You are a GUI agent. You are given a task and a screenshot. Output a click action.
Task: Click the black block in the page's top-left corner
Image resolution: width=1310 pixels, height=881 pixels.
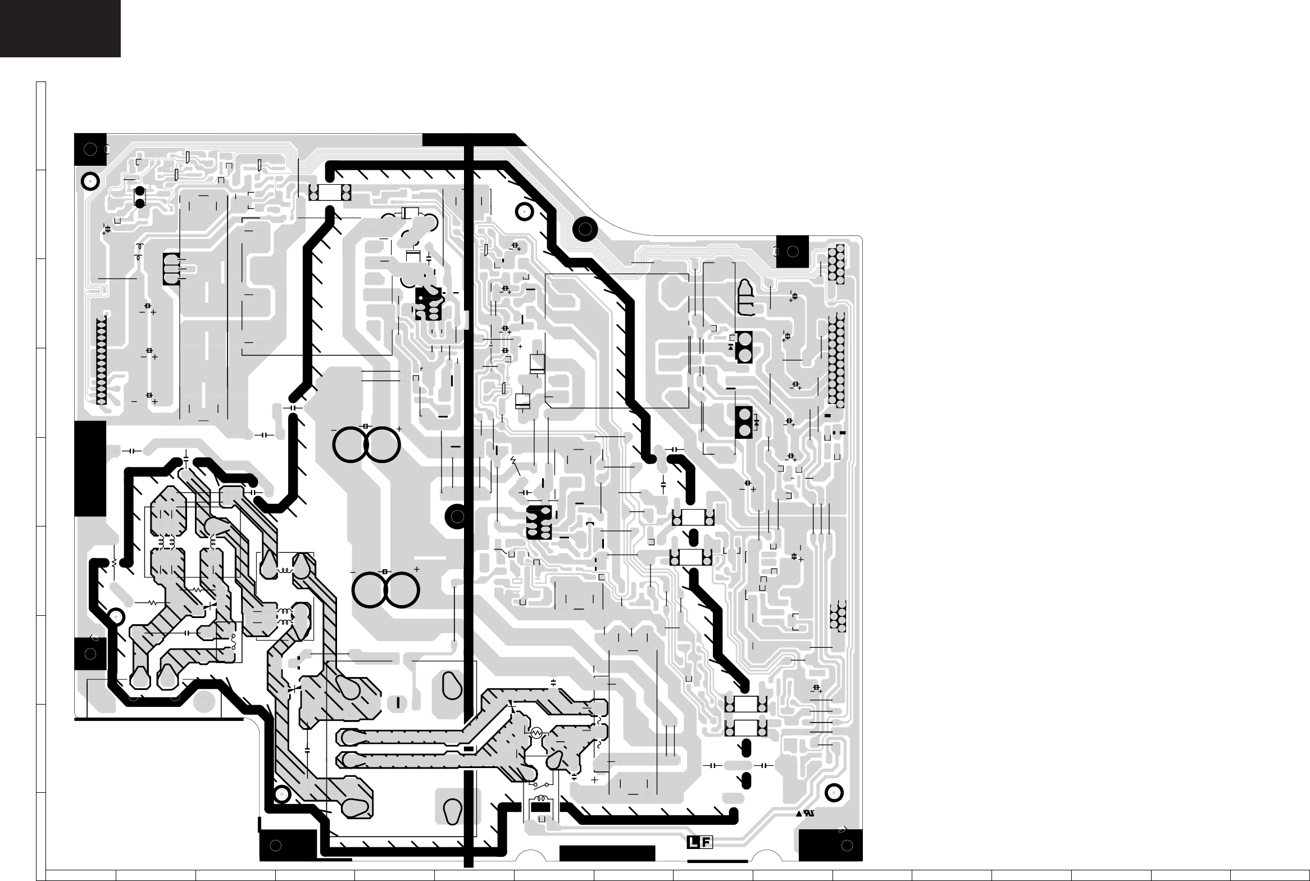tap(60, 28)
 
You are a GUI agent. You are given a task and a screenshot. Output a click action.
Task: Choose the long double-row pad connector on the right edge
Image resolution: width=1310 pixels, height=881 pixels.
tap(836, 362)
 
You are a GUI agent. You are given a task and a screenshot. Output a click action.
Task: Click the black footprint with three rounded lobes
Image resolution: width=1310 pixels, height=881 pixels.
tap(172, 269)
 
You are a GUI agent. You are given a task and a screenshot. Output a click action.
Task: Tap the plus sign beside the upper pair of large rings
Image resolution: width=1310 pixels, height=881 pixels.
tap(399, 428)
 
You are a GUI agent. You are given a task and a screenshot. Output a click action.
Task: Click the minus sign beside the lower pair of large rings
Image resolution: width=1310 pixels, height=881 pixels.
tap(353, 572)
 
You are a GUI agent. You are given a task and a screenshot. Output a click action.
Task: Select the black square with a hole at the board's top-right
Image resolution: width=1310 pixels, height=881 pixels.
tap(792, 252)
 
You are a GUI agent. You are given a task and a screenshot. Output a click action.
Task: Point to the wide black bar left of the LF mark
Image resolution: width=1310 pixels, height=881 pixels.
tap(608, 868)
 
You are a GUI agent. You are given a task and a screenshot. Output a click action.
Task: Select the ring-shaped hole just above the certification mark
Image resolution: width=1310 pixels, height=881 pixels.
tap(834, 793)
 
